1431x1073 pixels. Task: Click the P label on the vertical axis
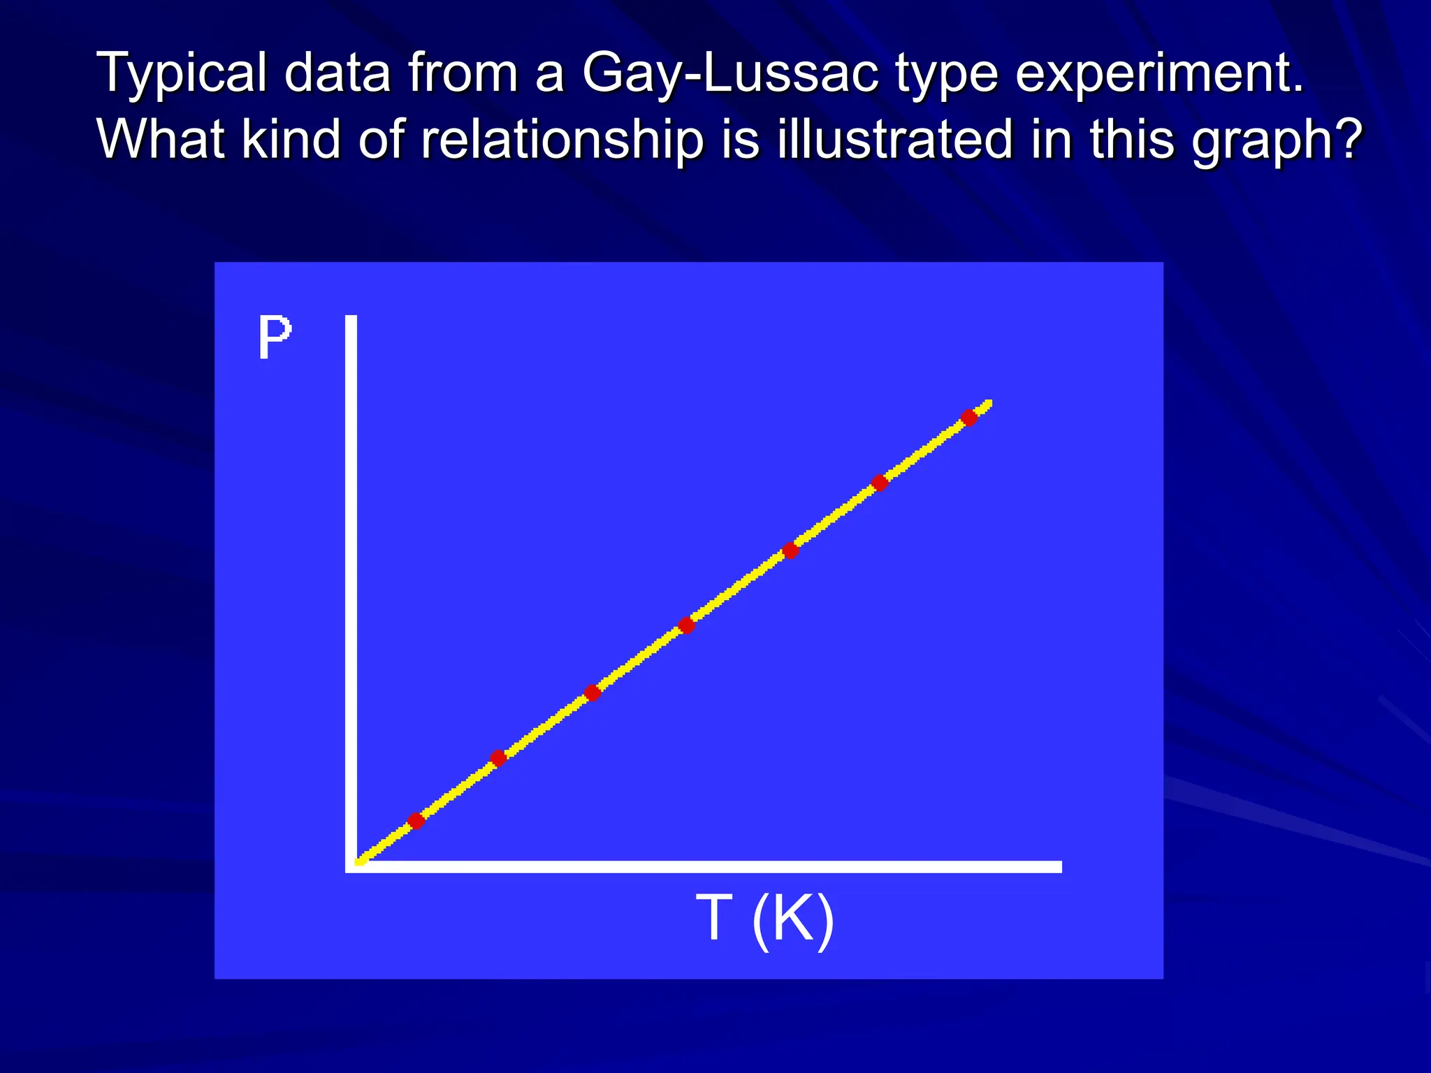tap(274, 337)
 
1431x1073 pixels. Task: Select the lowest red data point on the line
tap(416, 820)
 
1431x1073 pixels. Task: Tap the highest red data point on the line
tap(968, 418)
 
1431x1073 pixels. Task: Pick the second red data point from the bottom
tap(497, 758)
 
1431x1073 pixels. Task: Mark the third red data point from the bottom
tap(592, 692)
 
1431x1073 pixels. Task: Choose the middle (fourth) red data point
tap(686, 625)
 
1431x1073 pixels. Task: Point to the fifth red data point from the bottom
tap(790, 550)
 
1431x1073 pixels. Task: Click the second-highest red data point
tap(880, 483)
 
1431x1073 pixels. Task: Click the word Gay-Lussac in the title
tap(729, 73)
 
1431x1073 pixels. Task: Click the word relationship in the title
tap(562, 140)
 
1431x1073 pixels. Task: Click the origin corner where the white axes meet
tap(351, 866)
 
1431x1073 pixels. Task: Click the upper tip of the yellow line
tap(988, 403)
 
